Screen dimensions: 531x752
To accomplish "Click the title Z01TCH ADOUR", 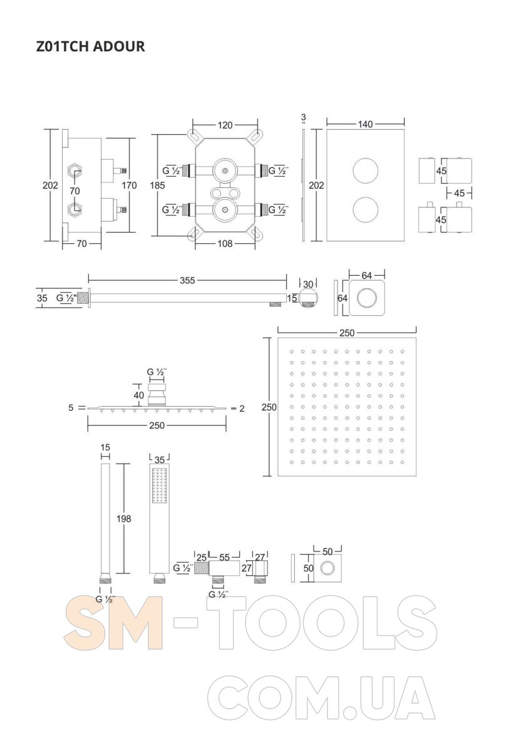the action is click(x=91, y=46).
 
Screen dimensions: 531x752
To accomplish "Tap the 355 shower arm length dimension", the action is click(x=187, y=280).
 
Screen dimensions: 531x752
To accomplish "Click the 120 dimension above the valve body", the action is click(x=225, y=125).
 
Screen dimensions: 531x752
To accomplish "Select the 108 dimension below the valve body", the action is click(x=225, y=243).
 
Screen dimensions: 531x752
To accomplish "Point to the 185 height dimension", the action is click(x=157, y=185).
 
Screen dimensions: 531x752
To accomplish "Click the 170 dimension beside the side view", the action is click(x=129, y=185).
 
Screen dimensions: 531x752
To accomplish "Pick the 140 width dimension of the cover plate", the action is click(x=365, y=124).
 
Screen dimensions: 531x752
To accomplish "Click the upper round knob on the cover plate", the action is click(x=365, y=170).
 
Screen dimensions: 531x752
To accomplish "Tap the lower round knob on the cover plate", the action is click(x=365, y=210).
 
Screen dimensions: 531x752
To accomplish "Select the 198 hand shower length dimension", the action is click(x=124, y=519).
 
